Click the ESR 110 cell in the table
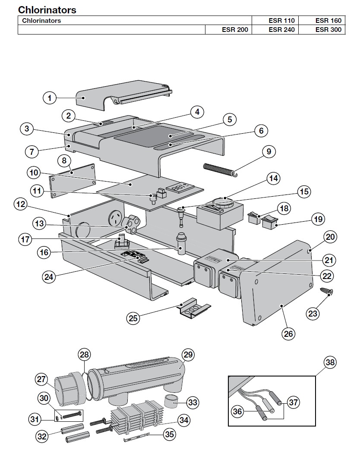coord(275,20)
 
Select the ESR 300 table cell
coord(322,29)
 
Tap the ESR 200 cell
coord(228,29)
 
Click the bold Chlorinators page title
coord(47,10)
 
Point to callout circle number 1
coord(50,98)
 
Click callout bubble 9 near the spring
coord(269,151)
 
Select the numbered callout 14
coord(273,179)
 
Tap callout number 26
coord(288,333)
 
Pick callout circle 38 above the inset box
coord(330,363)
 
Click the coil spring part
coord(220,170)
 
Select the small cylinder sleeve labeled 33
coord(171,402)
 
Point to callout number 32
coord(42,436)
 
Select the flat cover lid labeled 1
coord(123,95)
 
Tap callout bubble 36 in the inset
coord(237,411)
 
